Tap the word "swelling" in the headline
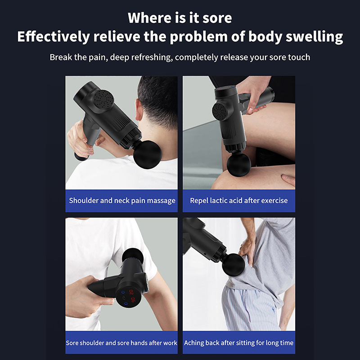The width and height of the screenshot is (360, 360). click(314, 37)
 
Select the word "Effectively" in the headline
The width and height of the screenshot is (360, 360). click(54, 36)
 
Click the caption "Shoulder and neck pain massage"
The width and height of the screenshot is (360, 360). click(122, 201)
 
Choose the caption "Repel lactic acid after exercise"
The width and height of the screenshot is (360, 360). click(239, 201)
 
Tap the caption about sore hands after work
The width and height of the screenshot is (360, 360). click(121, 343)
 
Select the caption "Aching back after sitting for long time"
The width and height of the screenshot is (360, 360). click(239, 343)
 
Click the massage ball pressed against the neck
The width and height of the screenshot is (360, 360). click(148, 154)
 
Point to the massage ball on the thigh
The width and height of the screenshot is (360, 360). click(239, 165)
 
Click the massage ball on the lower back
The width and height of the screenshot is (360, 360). click(234, 265)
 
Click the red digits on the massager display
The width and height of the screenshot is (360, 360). click(132, 296)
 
